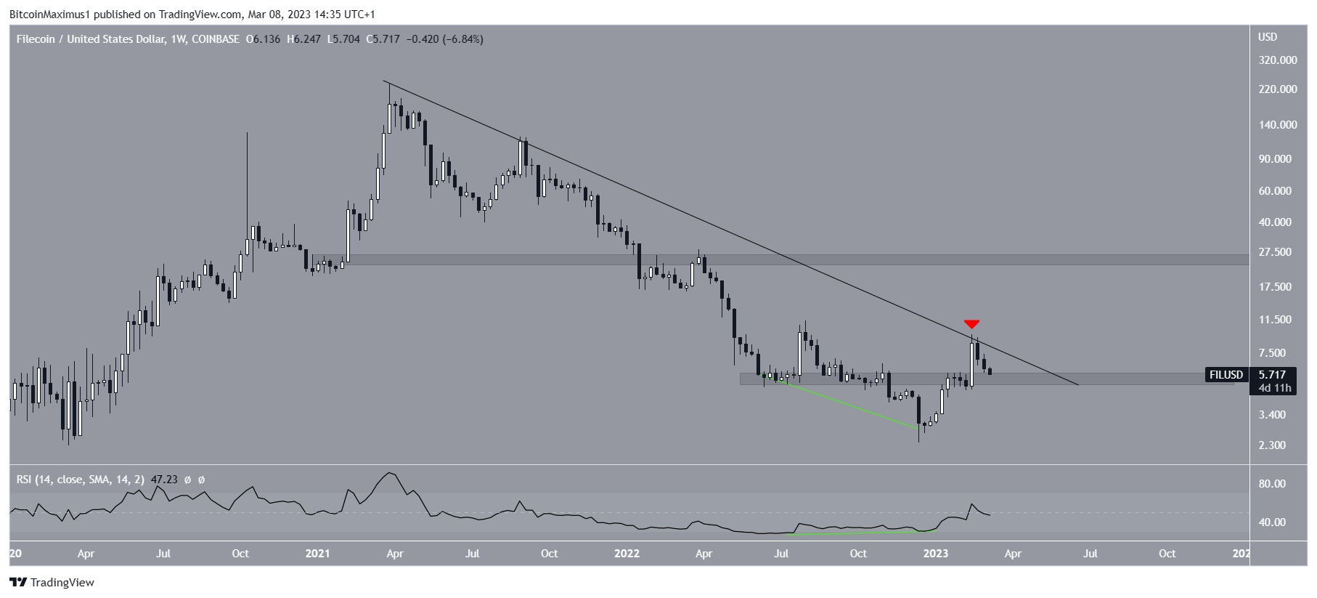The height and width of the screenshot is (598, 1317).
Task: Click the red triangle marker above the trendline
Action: [971, 324]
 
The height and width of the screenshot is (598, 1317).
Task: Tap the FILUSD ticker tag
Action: [1226, 375]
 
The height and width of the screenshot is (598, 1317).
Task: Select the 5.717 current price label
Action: [1272, 375]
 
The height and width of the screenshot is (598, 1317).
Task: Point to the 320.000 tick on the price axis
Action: [1278, 60]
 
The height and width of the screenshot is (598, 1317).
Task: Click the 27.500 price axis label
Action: [1275, 252]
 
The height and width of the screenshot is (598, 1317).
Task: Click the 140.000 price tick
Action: [1278, 125]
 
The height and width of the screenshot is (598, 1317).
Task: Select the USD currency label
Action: [1268, 37]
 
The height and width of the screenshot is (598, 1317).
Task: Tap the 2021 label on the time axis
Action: [317, 554]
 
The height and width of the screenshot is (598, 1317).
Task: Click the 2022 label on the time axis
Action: [627, 554]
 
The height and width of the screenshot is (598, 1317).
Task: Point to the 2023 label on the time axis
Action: [935, 554]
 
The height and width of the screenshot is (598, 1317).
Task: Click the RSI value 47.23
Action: [164, 480]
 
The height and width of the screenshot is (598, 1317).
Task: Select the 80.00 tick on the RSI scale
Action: [1272, 484]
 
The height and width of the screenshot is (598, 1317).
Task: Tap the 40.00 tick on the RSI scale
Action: [1272, 522]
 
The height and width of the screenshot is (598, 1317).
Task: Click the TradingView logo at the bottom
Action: [52, 583]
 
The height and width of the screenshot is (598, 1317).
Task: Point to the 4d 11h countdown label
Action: [1275, 388]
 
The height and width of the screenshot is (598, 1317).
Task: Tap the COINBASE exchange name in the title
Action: [216, 39]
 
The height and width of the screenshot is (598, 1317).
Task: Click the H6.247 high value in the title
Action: [303, 39]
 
